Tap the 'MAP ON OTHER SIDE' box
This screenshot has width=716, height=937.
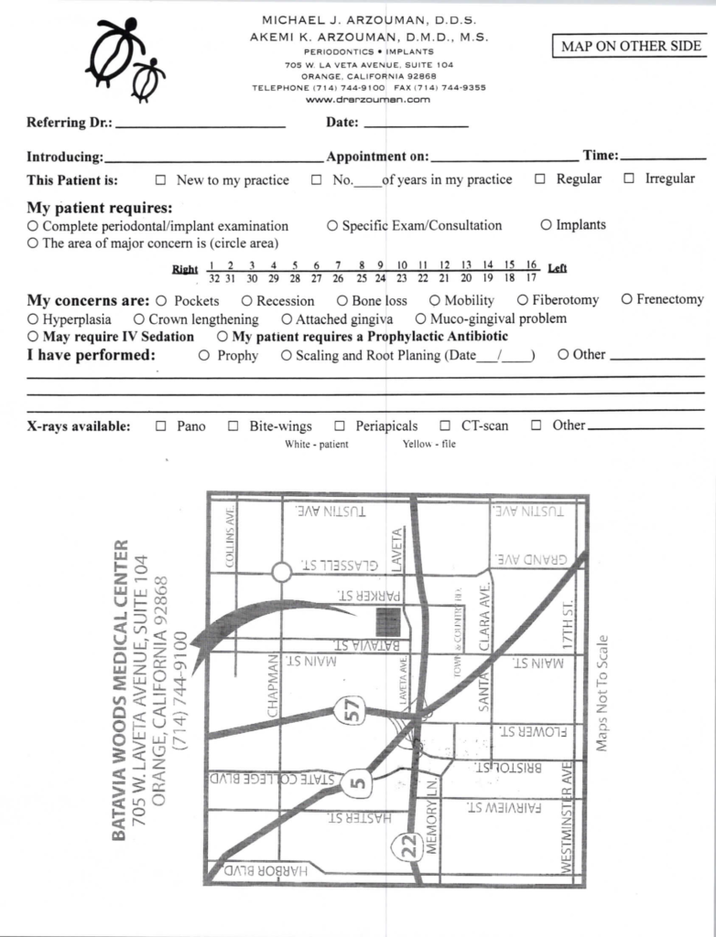(630, 46)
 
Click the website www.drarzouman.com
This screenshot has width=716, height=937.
(369, 100)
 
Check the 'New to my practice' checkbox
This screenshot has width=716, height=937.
(161, 179)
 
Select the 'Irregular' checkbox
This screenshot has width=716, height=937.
(629, 178)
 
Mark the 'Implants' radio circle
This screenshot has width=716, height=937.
(546, 224)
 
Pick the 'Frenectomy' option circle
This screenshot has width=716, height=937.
(626, 299)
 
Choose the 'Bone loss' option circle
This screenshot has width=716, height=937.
(342, 300)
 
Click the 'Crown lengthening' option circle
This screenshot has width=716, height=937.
(139, 319)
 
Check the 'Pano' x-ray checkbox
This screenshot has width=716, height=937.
(161, 425)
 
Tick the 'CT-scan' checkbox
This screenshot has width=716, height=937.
(445, 425)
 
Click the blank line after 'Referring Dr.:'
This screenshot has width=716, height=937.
(201, 124)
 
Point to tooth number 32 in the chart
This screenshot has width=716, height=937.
(213, 277)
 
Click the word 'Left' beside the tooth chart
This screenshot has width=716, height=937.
(557, 268)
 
